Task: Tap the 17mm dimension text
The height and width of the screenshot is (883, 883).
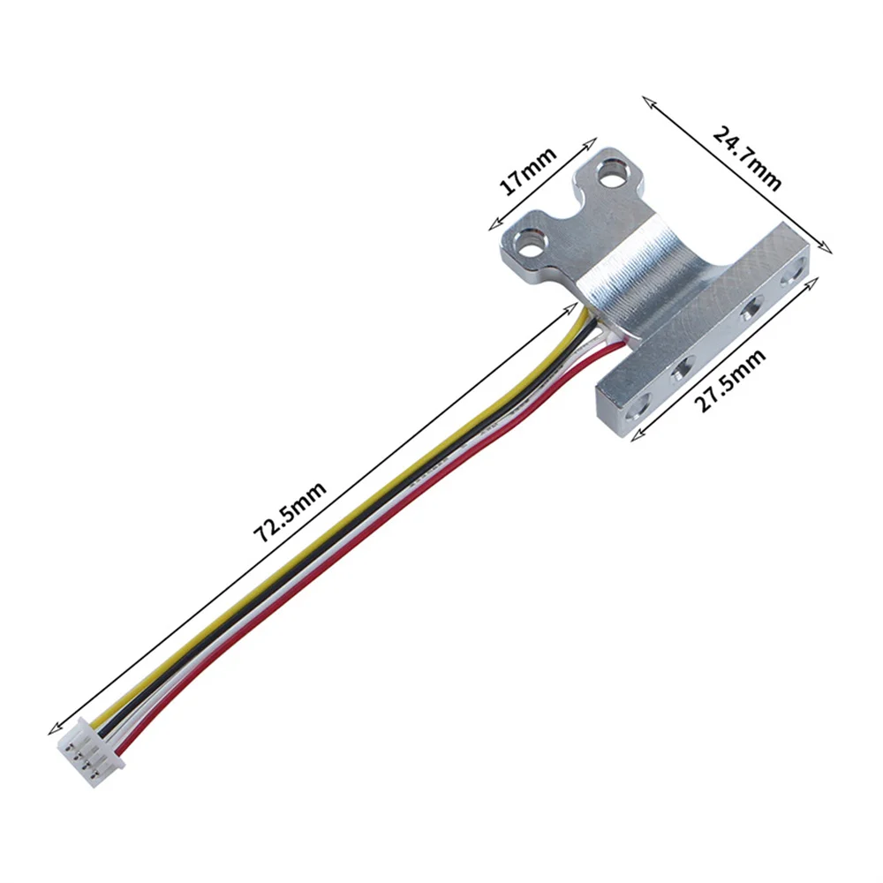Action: pos(528,171)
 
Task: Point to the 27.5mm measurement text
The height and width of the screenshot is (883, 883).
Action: pos(729,381)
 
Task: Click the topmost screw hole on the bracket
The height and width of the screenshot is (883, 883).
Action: pos(610,174)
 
